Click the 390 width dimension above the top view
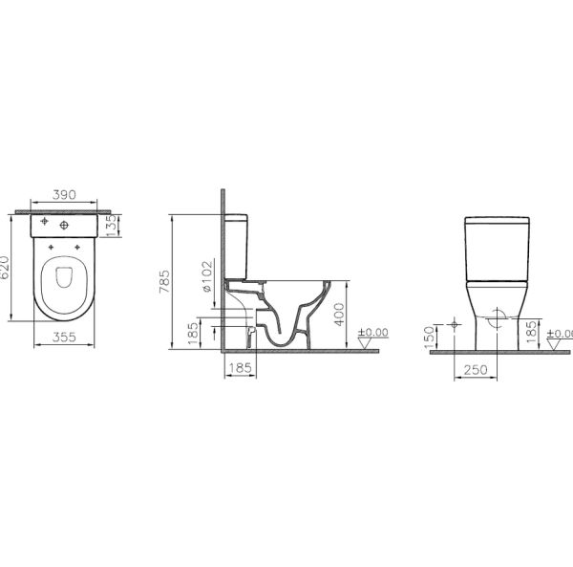coord(65,193)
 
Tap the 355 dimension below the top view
coord(65,337)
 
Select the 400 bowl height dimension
coord(340,314)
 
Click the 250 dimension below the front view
coord(476,369)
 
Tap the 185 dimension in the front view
coord(530,334)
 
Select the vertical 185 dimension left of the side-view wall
coord(193,332)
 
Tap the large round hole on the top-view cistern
coord(65,225)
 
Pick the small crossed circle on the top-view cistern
coord(43,223)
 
